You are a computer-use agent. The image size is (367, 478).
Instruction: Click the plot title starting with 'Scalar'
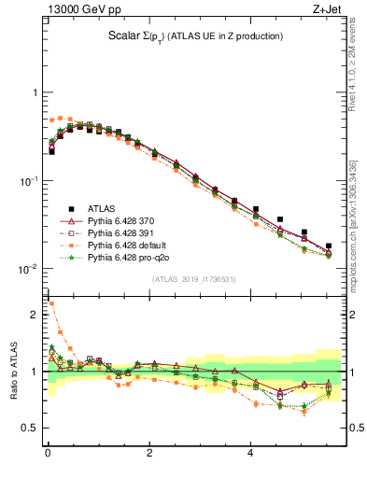click(x=195, y=36)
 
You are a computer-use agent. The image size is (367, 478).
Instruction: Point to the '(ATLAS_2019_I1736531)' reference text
click(x=194, y=279)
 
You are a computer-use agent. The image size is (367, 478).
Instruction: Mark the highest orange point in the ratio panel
click(x=51, y=303)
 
